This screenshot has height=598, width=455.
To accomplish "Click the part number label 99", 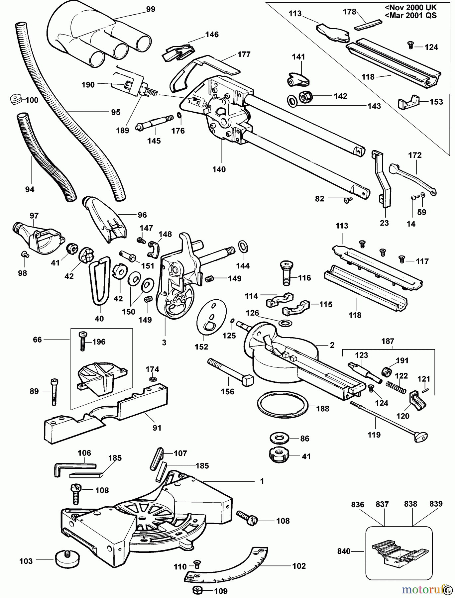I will pos(151,9).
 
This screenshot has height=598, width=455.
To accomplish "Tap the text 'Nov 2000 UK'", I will pos(411,7).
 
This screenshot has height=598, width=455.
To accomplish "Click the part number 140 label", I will pos(219,169).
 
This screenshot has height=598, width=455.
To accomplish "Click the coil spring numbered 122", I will pos(396,387).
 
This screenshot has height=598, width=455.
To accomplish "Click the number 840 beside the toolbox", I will pos(344,551).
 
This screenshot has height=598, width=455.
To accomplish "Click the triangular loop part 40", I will pos(99,280).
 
